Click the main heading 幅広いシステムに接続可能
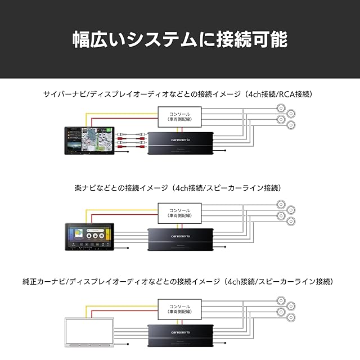(x=179, y=39)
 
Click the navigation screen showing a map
(x=89, y=141)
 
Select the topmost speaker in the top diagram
(x=281, y=109)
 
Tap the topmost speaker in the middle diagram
(x=281, y=204)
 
